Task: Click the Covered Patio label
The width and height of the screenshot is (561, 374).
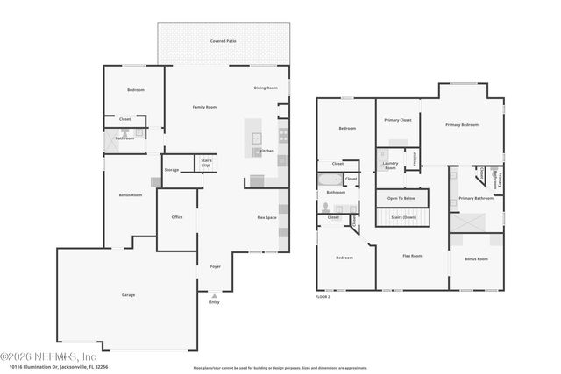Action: click(223, 41)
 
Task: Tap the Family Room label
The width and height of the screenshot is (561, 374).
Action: click(204, 107)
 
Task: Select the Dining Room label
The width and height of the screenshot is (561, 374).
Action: click(266, 88)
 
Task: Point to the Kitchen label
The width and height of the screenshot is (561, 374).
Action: click(266, 151)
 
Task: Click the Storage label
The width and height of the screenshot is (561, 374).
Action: click(172, 170)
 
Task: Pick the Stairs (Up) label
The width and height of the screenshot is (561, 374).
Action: click(207, 162)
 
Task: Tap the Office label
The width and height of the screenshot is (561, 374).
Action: click(176, 217)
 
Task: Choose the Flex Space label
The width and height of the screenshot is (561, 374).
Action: click(266, 217)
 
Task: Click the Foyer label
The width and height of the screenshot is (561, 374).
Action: click(215, 265)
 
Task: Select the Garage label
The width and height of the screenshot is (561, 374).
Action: click(128, 295)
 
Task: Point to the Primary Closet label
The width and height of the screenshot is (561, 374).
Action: click(398, 120)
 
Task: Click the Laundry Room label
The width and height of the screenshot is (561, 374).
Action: click(390, 165)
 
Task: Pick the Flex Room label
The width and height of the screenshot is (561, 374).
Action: click(411, 256)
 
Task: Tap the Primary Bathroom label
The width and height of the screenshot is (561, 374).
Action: click(476, 199)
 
